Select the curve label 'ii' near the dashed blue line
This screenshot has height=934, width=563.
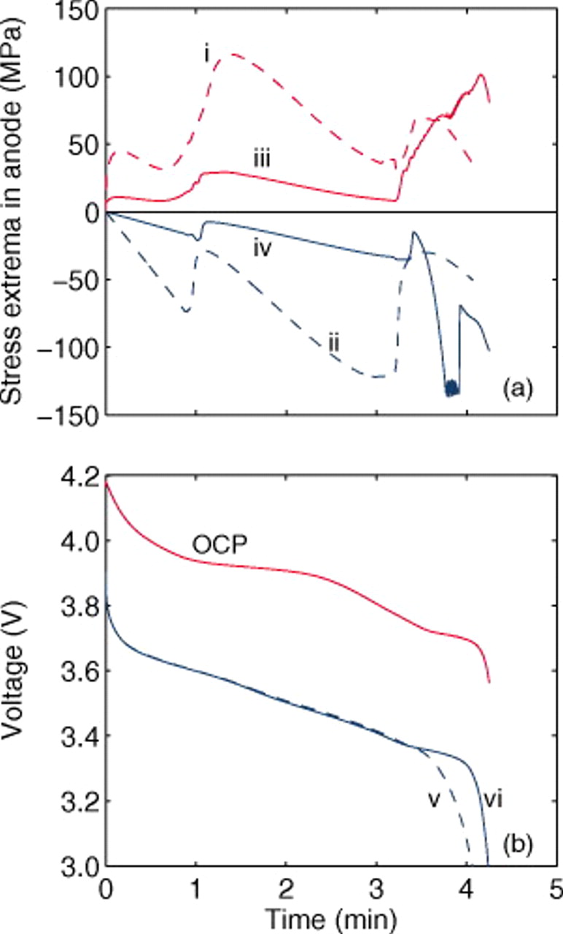[x=333, y=341]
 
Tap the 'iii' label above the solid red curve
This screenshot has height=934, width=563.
[x=257, y=158]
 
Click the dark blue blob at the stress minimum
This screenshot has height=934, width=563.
[x=452, y=388]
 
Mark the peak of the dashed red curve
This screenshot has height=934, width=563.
[x=233, y=54]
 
